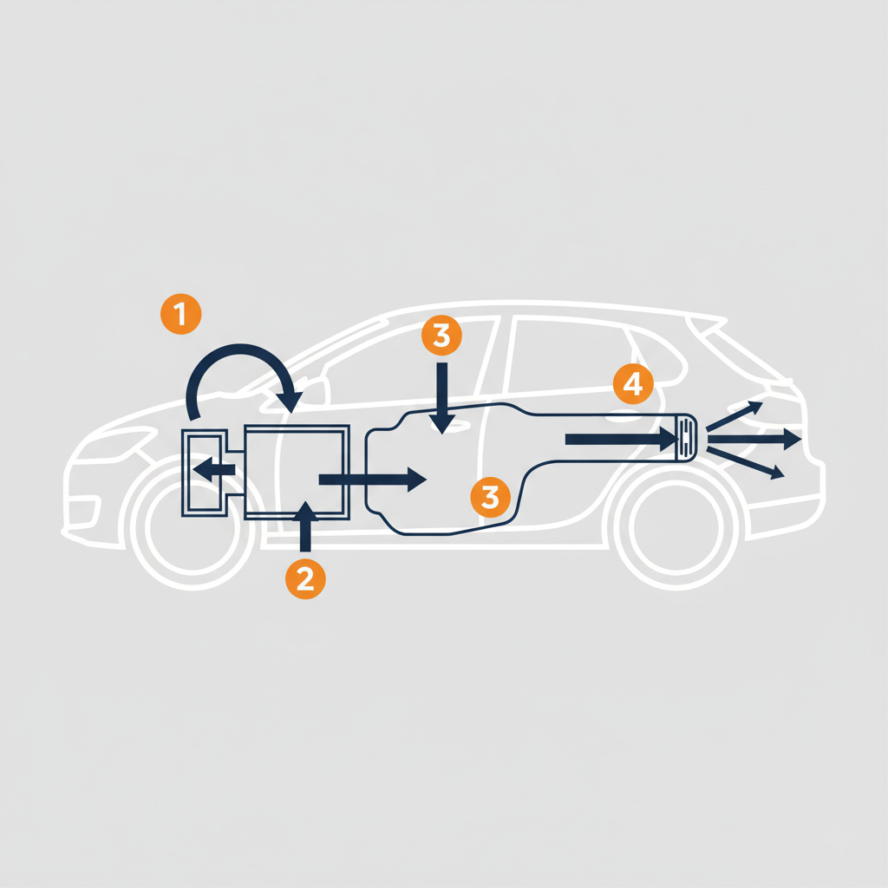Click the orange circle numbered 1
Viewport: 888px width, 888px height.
point(180,314)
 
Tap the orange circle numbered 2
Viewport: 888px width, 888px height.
point(305,578)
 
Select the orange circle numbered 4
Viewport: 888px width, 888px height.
point(633,384)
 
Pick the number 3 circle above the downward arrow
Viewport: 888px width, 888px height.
point(441,336)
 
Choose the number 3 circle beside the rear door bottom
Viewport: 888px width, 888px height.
point(491,497)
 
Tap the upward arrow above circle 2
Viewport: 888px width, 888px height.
point(305,526)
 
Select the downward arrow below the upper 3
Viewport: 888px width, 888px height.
point(441,398)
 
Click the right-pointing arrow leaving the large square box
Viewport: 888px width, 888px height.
point(373,480)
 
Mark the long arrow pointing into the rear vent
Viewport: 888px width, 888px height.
point(622,440)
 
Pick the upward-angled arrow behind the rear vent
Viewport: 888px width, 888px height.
point(735,416)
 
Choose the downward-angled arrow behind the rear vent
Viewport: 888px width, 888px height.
point(746,463)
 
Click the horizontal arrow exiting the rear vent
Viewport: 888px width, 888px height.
point(755,439)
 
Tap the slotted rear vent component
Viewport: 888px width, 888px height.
point(686,438)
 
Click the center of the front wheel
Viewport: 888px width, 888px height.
point(193,527)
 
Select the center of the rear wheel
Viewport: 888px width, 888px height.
point(676,527)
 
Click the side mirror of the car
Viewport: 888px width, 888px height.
point(311,392)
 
